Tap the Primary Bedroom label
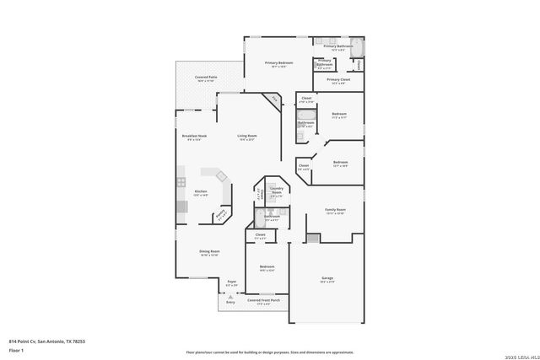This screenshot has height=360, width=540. pyautogui.click(x=278, y=63)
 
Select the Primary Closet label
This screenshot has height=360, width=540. pyautogui.click(x=338, y=80)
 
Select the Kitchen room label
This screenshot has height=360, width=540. pyautogui.click(x=201, y=192)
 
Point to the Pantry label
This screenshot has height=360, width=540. pyautogui.click(x=221, y=215)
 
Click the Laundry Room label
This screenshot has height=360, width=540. pyautogui.click(x=276, y=190)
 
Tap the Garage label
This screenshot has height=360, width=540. pyautogui.click(x=327, y=277)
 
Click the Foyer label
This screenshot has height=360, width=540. pyautogui.click(x=231, y=282)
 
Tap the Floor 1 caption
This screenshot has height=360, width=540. pyautogui.click(x=16, y=349)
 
